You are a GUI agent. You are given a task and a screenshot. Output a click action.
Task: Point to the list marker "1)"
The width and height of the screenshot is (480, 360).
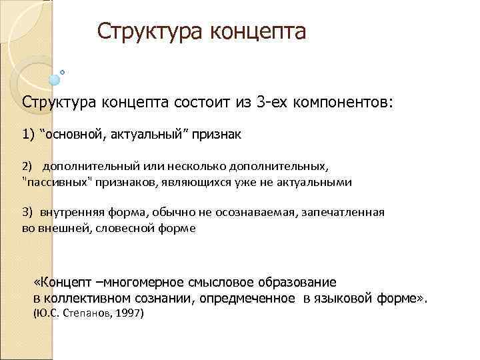point(28,134)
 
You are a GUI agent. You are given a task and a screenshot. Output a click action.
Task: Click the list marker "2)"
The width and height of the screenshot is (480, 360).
point(27,165)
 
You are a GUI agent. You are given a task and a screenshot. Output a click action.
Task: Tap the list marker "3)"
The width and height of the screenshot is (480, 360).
point(27,211)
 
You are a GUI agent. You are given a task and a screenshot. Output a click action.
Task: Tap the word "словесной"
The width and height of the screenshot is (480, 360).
point(129,227)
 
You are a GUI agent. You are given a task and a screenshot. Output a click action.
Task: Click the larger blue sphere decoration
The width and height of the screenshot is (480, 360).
point(55,80)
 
